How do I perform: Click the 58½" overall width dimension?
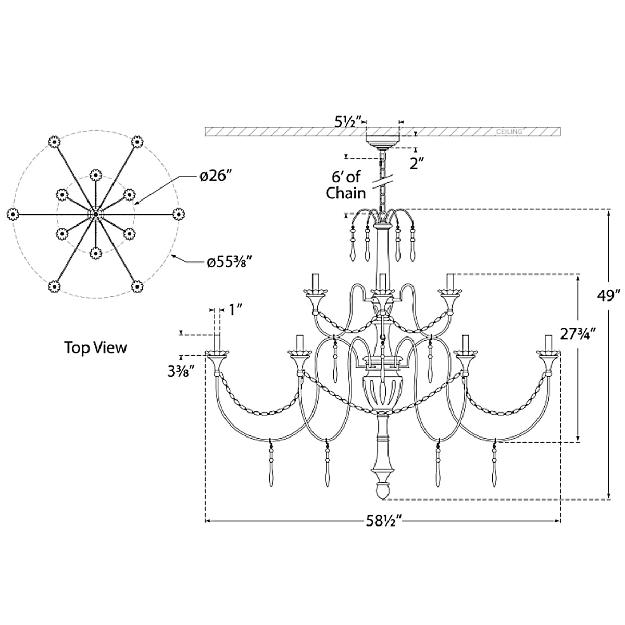(384, 521)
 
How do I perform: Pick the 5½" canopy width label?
(347, 122)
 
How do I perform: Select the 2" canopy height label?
(417, 163)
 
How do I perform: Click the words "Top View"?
(96, 347)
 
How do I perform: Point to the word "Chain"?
(346, 194)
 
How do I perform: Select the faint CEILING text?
(509, 132)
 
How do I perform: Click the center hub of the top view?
(96, 215)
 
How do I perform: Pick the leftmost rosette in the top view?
(12, 215)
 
